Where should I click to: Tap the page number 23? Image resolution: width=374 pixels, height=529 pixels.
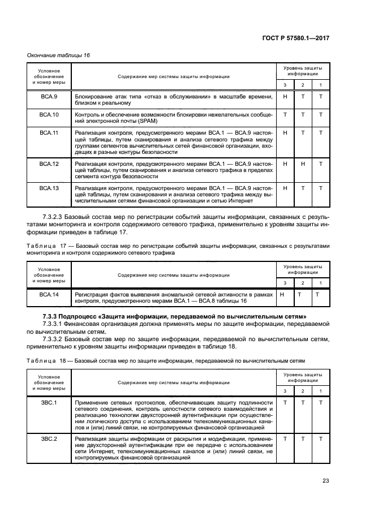pos(325,481)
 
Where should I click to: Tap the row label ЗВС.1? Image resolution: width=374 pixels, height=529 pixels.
pos(49,402)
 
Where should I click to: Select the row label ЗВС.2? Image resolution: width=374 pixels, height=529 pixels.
pos(49,439)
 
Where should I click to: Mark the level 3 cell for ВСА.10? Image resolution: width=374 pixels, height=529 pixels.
pos(285,115)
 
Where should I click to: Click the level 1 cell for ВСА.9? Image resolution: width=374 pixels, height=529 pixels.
pos(321,97)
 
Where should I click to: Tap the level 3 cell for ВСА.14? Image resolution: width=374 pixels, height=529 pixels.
pos(282,295)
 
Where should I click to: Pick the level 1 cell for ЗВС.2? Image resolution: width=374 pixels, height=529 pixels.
pos(321,439)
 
